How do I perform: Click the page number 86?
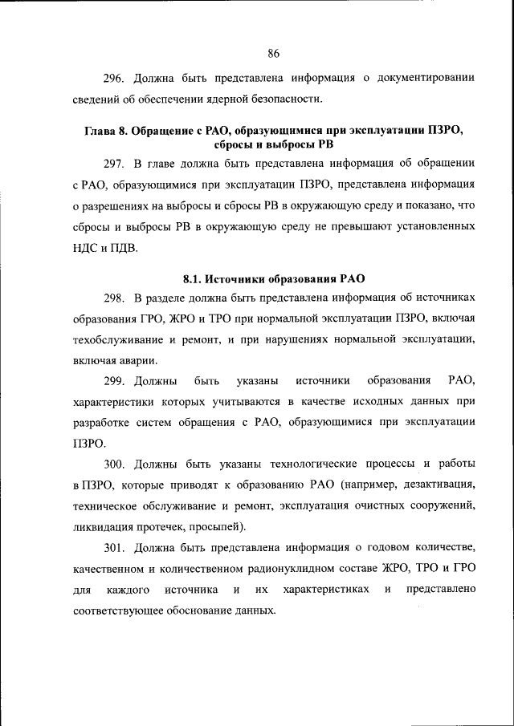pos(272,54)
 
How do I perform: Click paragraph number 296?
pos(113,79)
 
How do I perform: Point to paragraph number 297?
pos(113,164)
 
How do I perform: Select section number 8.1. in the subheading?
pos(192,279)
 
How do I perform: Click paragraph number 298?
pos(113,299)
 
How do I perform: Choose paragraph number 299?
pos(113,379)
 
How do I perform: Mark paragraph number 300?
pos(113,464)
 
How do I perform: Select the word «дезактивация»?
pos(440,485)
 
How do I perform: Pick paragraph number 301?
pos(113,548)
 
